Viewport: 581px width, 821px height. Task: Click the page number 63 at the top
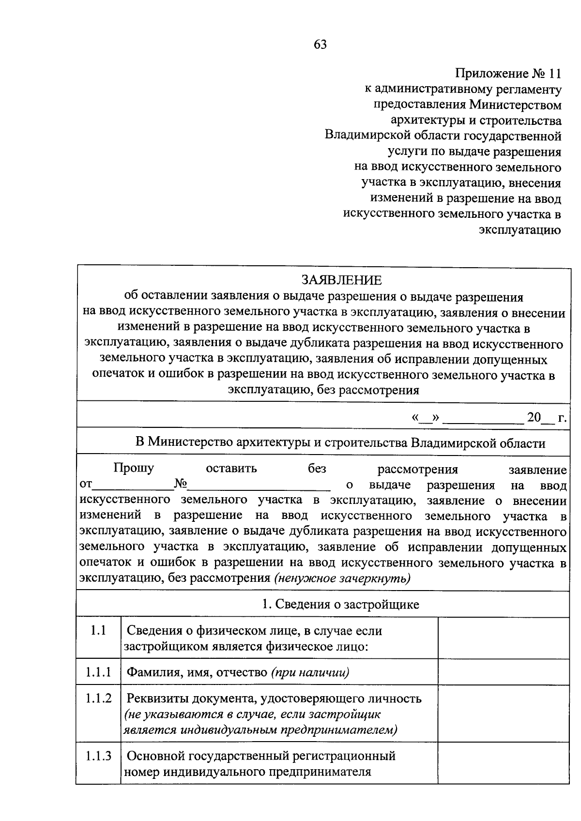[x=320, y=45]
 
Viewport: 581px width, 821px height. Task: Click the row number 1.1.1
[x=98, y=672]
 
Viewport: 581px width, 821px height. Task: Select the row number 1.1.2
[x=98, y=699]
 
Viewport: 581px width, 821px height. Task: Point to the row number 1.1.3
[x=98, y=756]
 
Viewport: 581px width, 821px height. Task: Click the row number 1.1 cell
[x=98, y=631]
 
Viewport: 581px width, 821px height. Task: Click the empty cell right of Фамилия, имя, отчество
[x=503, y=672]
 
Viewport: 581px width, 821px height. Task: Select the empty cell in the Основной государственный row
[x=503, y=763]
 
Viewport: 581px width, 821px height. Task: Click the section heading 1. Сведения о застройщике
[x=340, y=604]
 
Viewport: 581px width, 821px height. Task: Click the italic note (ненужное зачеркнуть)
[x=342, y=578]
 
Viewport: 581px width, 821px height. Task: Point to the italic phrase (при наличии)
[x=310, y=672]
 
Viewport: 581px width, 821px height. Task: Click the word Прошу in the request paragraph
[x=134, y=468]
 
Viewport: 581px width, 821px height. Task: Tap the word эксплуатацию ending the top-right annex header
[x=520, y=229]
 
